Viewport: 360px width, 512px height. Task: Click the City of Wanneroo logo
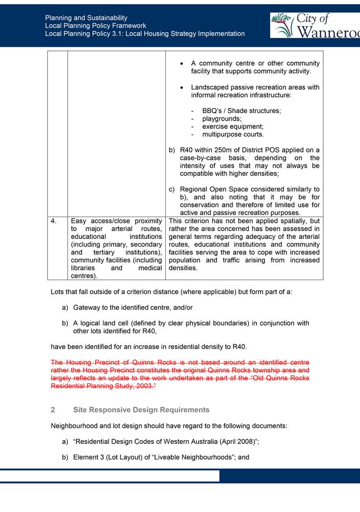tap(315, 25)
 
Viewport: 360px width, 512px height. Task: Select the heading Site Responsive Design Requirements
tap(141, 410)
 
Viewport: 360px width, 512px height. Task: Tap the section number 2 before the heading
tap(53, 410)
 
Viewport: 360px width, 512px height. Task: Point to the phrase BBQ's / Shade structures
tap(241, 111)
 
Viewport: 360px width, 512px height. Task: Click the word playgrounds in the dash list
tap(222, 119)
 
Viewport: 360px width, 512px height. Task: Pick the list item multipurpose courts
tap(233, 134)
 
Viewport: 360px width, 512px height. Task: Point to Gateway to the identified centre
tap(133, 308)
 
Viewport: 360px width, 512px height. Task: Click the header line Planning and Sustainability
tap(86, 18)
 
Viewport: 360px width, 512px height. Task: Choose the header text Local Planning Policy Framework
tap(95, 25)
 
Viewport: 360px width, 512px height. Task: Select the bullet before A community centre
tap(182, 64)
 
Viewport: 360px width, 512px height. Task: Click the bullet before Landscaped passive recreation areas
tap(182, 88)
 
